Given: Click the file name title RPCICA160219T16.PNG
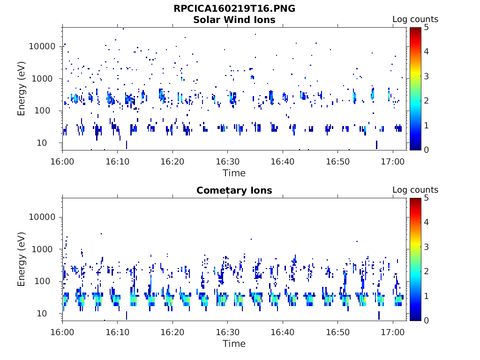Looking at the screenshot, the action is click(x=234, y=8).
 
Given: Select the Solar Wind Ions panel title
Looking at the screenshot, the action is click(x=234, y=20).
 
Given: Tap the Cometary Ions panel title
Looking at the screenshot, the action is click(x=234, y=190).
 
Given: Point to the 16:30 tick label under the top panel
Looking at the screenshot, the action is click(x=227, y=162).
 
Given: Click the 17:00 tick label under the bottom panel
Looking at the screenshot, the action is click(x=393, y=332).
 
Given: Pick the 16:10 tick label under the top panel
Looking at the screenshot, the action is click(x=118, y=162).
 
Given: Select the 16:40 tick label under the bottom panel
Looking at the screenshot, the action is click(x=283, y=332).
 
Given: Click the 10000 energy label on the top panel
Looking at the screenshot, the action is click(x=42, y=46).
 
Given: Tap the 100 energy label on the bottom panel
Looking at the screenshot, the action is click(x=42, y=281).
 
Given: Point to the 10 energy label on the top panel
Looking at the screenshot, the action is click(x=42, y=142).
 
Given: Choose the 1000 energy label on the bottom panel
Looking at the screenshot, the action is click(x=42, y=249).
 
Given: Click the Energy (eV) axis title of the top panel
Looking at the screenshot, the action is click(x=21, y=89).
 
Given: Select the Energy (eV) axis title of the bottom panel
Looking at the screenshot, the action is click(x=21, y=259).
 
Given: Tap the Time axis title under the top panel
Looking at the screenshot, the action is click(x=234, y=173).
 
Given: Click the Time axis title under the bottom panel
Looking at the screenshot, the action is click(x=234, y=344).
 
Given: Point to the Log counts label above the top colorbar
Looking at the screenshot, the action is click(x=415, y=19).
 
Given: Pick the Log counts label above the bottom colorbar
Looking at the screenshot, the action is click(x=415, y=190).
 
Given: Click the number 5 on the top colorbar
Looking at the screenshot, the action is click(x=426, y=28).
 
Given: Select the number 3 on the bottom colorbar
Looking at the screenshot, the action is click(x=426, y=247).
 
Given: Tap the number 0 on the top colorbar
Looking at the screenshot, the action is click(x=426, y=150).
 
